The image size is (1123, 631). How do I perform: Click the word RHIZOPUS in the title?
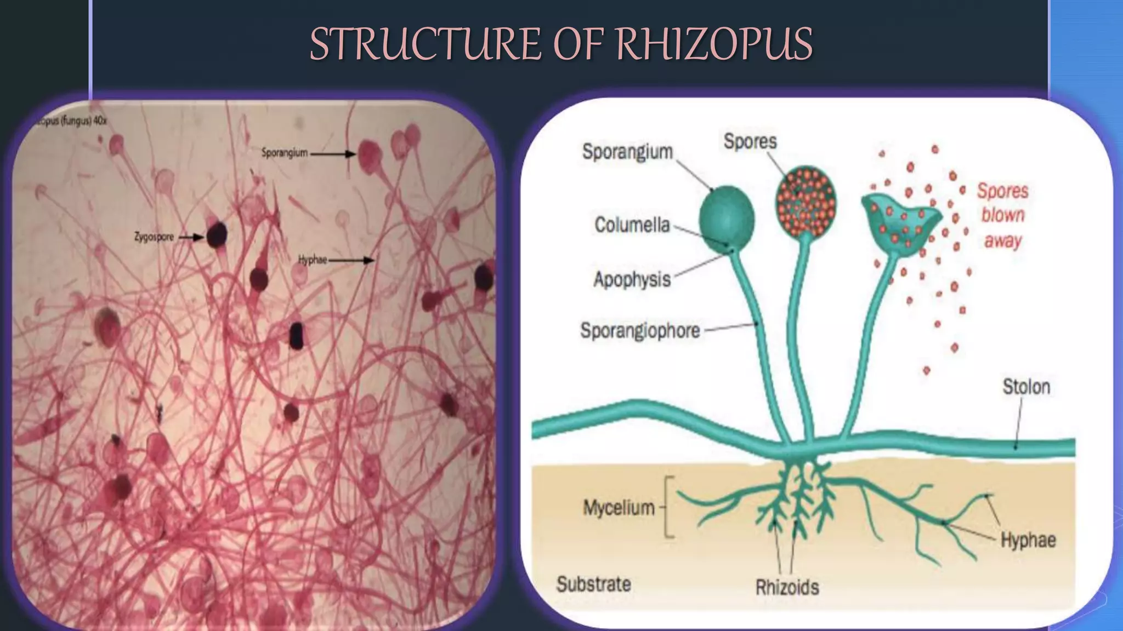(714, 44)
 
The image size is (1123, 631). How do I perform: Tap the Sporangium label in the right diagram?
(627, 151)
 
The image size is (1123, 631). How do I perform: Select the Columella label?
(632, 225)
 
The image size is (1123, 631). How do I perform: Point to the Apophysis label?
(632, 279)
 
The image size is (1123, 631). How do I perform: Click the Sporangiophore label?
(640, 330)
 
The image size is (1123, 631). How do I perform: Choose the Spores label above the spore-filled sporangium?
(750, 141)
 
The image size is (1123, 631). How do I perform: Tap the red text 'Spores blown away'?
(1002, 215)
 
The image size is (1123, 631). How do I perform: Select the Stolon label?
(1026, 387)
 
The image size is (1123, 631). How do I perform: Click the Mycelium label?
(619, 508)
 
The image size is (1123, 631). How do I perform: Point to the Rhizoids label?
(787, 587)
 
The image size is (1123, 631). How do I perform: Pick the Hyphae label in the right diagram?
(1028, 540)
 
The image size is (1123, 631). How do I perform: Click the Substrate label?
(593, 584)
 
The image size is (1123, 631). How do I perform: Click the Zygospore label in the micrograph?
(154, 237)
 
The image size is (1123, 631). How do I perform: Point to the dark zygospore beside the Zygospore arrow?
(217, 234)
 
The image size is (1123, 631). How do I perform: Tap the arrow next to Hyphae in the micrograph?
(351, 260)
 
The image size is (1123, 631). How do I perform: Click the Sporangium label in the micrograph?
(284, 153)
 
